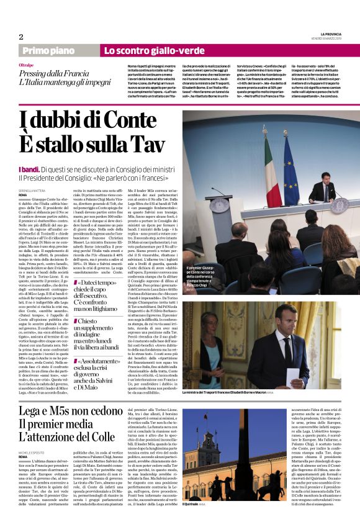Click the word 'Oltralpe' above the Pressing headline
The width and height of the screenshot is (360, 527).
[27, 65]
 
